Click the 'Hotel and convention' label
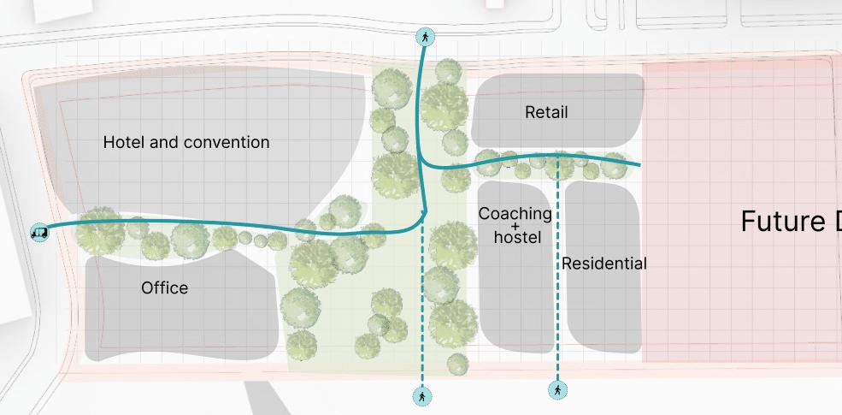point(185,142)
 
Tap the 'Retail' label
point(545,112)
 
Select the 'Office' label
point(164,288)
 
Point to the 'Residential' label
point(604,264)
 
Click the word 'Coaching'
point(515,213)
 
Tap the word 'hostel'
point(517,237)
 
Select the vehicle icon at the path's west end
point(39,231)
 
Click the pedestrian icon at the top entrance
point(425,37)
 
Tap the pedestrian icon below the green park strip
point(421,396)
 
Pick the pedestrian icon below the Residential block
point(557,390)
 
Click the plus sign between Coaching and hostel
point(515,226)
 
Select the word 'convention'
point(227,142)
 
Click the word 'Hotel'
point(123,142)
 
